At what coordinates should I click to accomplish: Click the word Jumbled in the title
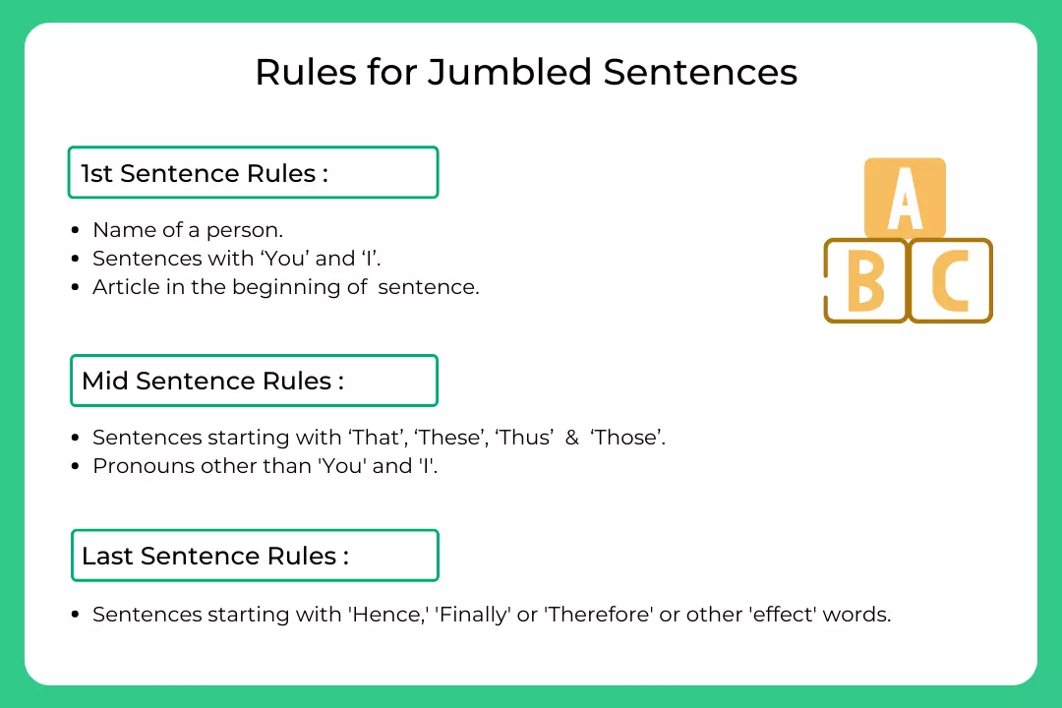tap(509, 72)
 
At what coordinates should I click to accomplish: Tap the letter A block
tap(905, 198)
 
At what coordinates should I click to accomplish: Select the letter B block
tap(865, 280)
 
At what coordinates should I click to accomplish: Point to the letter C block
tap(950, 280)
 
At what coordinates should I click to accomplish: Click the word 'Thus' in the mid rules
tap(524, 437)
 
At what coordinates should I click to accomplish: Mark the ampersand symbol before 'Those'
tap(572, 438)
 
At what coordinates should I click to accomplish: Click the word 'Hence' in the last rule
tap(386, 615)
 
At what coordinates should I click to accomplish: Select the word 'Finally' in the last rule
tap(473, 616)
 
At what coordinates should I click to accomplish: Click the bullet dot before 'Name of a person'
tap(75, 230)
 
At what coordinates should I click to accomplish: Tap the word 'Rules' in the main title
tap(306, 72)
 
